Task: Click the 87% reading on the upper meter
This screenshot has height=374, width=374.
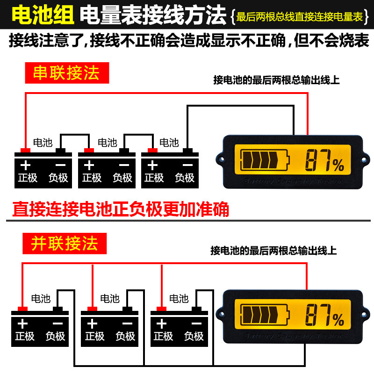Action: [324, 162]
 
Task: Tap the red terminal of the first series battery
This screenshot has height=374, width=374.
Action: [25, 150]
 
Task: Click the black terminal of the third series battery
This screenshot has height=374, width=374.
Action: [188, 150]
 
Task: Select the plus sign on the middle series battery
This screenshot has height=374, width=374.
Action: [89, 165]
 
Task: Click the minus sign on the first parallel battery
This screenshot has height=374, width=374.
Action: [58, 323]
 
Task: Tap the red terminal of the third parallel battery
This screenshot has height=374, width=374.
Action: [161, 309]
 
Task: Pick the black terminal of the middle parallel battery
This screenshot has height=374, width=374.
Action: [127, 309]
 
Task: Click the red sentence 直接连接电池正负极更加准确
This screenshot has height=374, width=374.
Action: [121, 209]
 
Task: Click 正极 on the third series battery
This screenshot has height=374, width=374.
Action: [154, 178]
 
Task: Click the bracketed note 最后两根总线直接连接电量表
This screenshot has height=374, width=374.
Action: [299, 17]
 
